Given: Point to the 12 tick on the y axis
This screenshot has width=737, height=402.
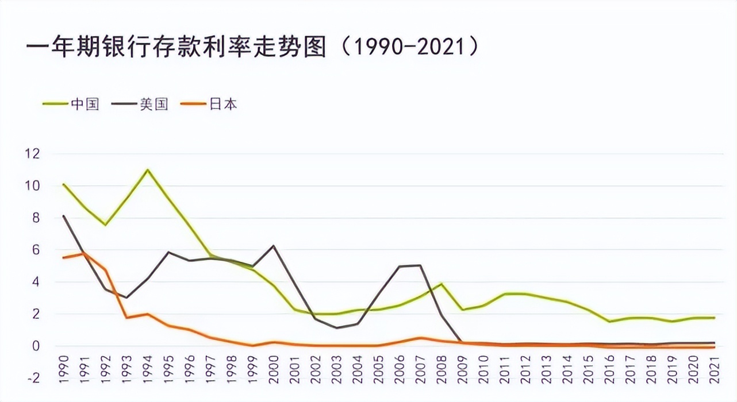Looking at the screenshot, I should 32,154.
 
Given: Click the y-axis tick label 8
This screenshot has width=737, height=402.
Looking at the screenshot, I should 35,218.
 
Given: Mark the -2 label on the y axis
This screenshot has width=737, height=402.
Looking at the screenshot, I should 32,378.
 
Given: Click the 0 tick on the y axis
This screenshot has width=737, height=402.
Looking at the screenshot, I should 35,346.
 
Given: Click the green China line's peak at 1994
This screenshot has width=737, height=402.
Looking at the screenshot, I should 147,169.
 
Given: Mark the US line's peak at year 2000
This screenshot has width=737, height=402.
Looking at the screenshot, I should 273,246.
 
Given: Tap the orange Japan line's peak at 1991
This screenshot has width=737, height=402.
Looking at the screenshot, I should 84,253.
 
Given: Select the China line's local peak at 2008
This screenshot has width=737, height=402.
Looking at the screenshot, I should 441,284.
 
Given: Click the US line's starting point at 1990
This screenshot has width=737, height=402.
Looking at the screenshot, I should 63,216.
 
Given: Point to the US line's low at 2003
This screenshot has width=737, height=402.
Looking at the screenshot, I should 336,328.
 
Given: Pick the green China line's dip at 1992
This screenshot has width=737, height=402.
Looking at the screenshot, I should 105,225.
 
